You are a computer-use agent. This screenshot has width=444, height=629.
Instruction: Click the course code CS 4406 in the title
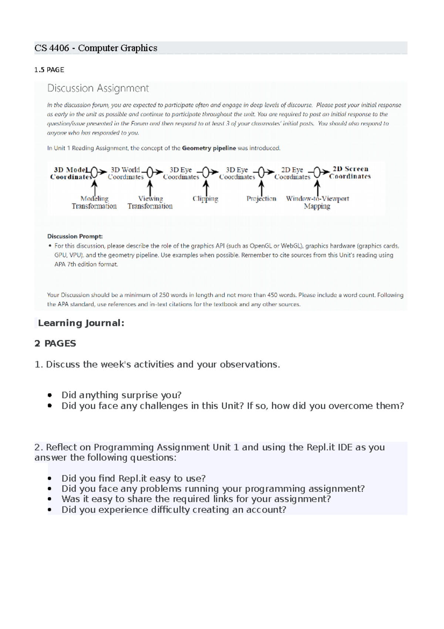coord(52,48)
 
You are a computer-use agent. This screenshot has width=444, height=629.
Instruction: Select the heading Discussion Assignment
coord(98,88)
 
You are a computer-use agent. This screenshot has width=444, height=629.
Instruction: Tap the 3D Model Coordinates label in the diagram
coord(70,173)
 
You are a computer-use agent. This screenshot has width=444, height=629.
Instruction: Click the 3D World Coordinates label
coord(125,173)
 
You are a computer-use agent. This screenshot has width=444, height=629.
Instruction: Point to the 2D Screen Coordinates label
coord(350,173)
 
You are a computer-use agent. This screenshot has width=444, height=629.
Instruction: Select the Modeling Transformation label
coord(94,202)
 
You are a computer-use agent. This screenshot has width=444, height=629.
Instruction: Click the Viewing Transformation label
coord(150,202)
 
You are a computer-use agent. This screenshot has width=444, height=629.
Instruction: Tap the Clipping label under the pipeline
coord(205,199)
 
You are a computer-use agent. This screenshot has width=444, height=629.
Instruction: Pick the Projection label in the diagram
coord(261,199)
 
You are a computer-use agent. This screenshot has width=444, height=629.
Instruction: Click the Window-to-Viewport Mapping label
coord(317,202)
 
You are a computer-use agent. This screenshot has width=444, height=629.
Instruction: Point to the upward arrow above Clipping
coord(206,187)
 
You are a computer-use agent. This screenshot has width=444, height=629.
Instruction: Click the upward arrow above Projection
coord(262,187)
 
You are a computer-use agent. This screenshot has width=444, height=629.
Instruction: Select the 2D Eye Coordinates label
coord(292,173)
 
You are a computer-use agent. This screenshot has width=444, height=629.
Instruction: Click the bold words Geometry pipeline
coord(209,148)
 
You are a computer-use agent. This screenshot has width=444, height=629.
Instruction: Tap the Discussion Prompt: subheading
coord(75,236)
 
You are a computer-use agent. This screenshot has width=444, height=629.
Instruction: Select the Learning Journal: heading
coord(81,323)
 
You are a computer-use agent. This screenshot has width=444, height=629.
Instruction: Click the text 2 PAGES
coord(55,343)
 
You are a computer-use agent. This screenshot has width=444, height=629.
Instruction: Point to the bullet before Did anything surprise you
coord(50,395)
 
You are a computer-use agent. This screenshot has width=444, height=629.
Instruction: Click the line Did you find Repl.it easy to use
coord(133,478)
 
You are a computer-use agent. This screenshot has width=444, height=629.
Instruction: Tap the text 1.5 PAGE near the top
coord(49,70)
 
